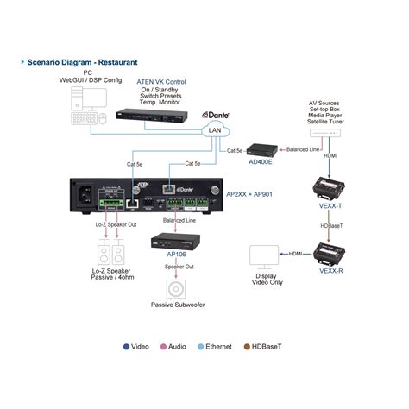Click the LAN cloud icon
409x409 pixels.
pos(212,130)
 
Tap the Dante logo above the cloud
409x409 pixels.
pos(217,114)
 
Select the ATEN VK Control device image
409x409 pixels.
pos(154,116)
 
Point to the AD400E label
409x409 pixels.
pos(261,161)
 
